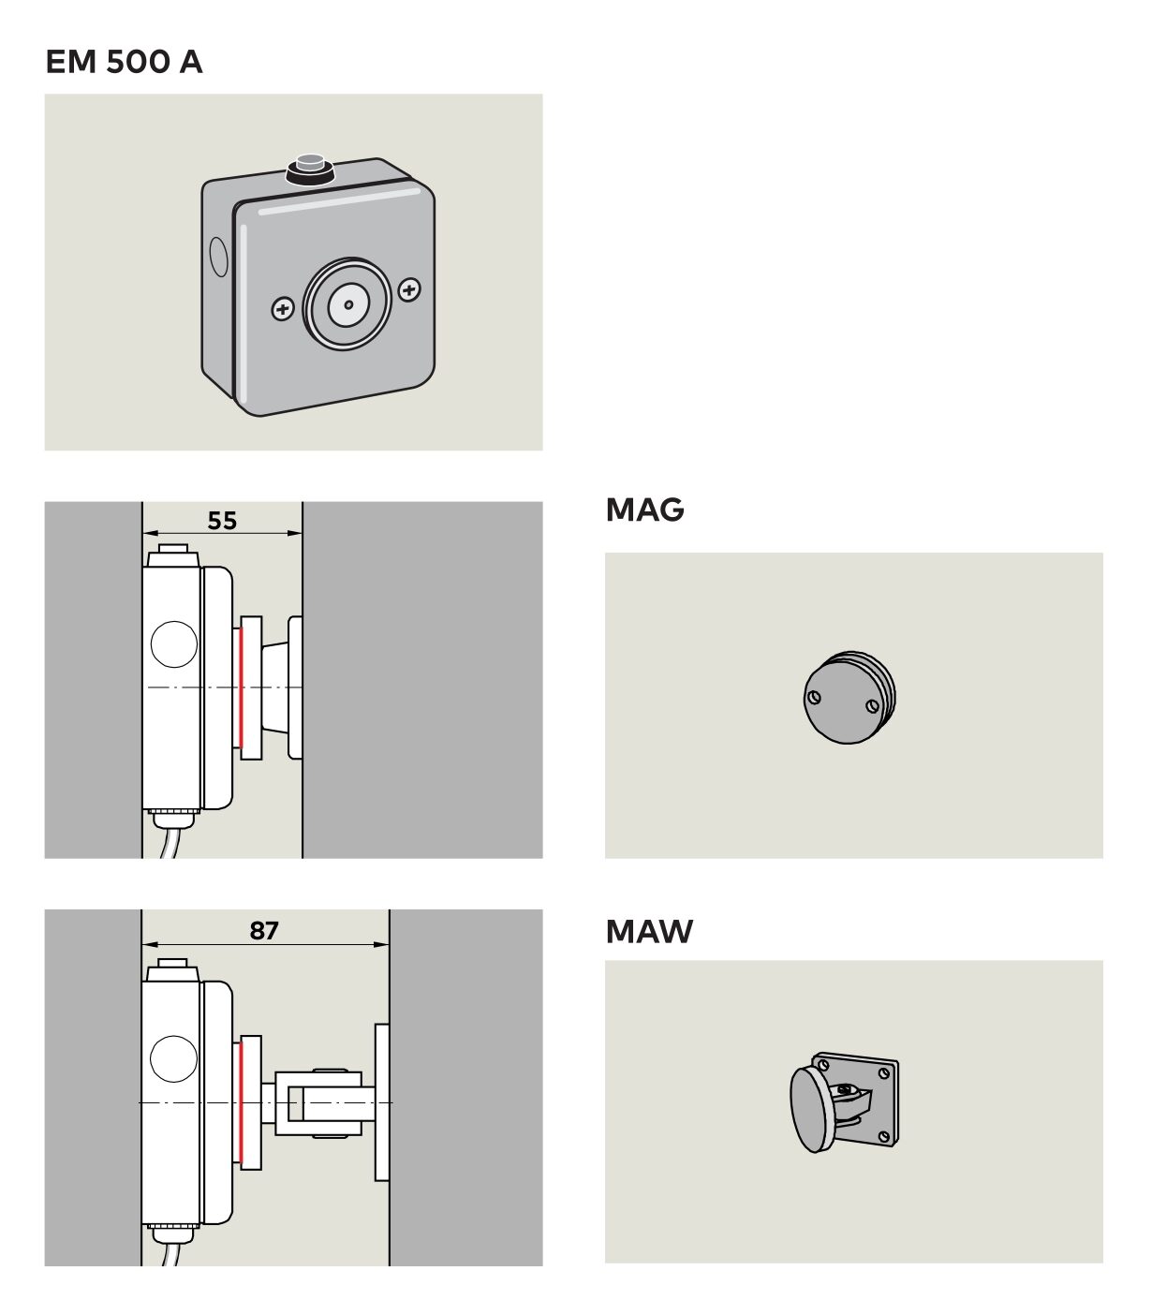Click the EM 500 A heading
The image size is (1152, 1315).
(124, 62)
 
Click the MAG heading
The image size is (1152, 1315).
(644, 510)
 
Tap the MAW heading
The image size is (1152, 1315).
(649, 931)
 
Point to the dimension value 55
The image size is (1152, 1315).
(222, 520)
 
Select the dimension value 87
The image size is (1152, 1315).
(264, 930)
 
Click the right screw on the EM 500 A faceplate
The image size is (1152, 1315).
(409, 290)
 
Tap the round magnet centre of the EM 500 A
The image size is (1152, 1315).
(347, 304)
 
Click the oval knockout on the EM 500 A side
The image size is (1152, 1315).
(217, 256)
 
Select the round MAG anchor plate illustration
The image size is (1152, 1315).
(849, 697)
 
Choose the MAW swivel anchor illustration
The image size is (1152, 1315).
(843, 1100)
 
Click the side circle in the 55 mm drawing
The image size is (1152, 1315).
(174, 644)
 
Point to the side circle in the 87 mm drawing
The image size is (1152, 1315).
(174, 1058)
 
